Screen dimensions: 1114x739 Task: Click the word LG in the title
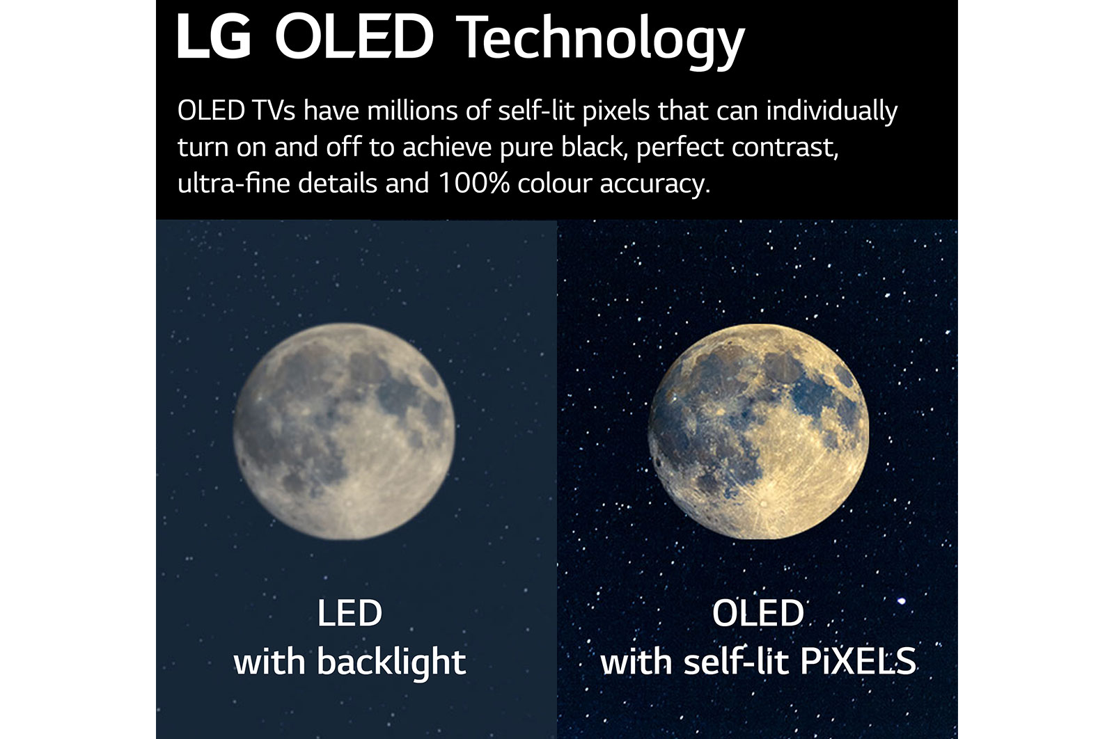click(x=214, y=38)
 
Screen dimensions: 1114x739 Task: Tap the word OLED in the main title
click(x=354, y=38)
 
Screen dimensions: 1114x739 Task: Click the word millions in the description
click(x=411, y=111)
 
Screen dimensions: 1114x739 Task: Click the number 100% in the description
click(x=474, y=183)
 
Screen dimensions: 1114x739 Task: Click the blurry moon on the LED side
click(x=344, y=431)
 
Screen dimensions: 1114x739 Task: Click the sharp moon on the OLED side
click(x=758, y=431)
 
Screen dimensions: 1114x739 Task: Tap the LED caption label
click(x=350, y=613)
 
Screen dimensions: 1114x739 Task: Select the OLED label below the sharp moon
click(x=758, y=613)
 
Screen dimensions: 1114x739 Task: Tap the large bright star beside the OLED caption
click(x=901, y=601)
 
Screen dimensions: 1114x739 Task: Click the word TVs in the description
click(x=274, y=111)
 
